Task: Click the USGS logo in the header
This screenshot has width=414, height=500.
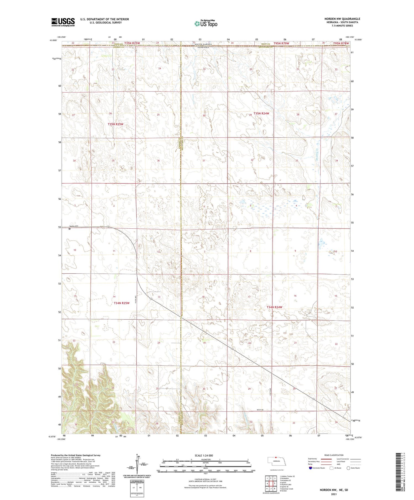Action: pyautogui.click(x=63, y=22)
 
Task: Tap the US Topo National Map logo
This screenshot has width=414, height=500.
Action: pyautogui.click(x=206, y=23)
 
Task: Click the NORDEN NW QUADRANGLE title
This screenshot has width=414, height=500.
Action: pyautogui.click(x=342, y=19)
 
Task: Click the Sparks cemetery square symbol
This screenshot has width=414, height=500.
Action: pyautogui.click(x=70, y=229)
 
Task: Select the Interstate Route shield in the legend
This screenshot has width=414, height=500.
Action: pyautogui.click(x=310, y=468)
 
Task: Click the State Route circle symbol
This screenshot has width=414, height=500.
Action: pyautogui.click(x=348, y=468)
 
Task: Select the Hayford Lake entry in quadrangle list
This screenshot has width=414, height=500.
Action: pyautogui.click(x=286, y=484)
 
